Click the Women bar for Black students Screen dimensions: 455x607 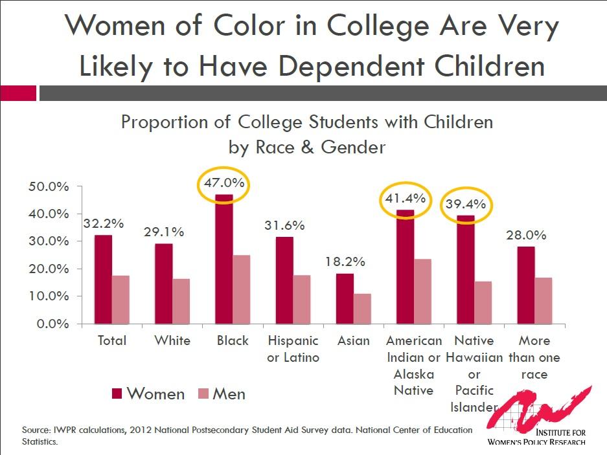(224, 259)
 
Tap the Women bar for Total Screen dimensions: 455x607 (103, 279)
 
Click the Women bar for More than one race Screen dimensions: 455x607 (525, 285)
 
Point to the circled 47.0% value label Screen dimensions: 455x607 (224, 183)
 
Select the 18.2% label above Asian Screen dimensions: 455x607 (345, 262)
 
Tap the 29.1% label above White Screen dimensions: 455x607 (164, 232)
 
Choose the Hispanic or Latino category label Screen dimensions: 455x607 (293, 349)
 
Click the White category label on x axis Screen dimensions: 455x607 (172, 340)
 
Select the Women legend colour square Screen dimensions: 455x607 (117, 394)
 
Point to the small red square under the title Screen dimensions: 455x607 (17, 93)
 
